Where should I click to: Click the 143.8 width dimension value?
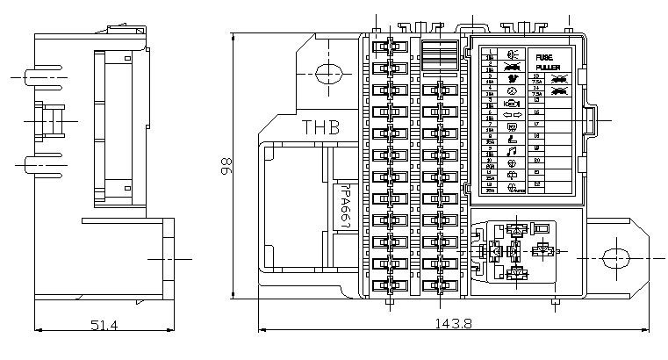pyautogui.click(x=453, y=324)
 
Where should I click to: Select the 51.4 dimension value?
pyautogui.click(x=104, y=326)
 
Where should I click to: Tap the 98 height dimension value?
pyautogui.click(x=226, y=165)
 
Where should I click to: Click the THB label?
pyautogui.click(x=320, y=127)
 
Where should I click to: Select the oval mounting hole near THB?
pyautogui.click(x=327, y=73)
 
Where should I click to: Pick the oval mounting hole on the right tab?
pyautogui.click(x=616, y=256)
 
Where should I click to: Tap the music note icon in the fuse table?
pyautogui.click(x=514, y=151)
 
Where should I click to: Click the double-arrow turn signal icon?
pyautogui.click(x=514, y=114)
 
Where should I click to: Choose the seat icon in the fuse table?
pyautogui.click(x=514, y=139)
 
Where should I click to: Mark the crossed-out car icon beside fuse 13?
pyautogui.click(x=558, y=78)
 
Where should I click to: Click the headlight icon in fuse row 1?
pyautogui.click(x=514, y=54)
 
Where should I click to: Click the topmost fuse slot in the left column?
pyautogui.click(x=386, y=45)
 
